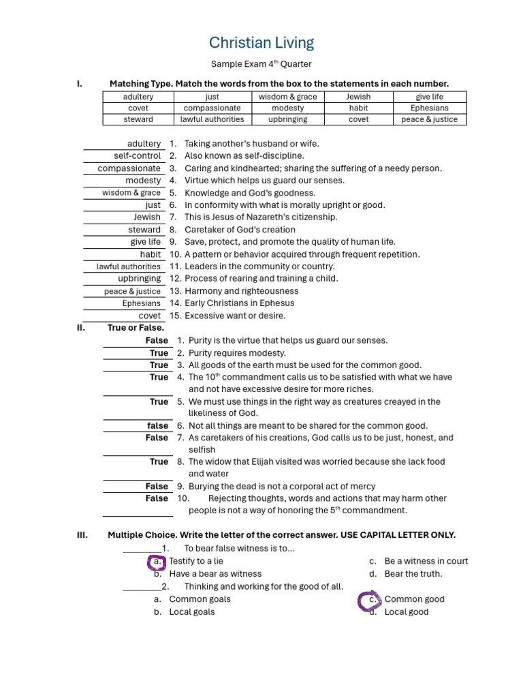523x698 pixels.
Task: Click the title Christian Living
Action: [261, 43]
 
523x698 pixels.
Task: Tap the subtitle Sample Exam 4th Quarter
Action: [261, 64]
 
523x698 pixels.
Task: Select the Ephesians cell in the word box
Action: [429, 108]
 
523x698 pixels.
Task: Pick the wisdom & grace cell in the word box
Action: [287, 97]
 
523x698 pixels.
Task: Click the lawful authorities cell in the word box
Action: [212, 119]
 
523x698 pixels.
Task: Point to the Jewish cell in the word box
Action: [358, 97]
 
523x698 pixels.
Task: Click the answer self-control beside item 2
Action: [138, 156]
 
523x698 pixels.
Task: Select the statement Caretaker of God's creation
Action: [240, 230]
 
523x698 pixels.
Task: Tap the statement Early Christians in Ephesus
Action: [240, 303]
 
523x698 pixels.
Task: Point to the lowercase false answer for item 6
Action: [158, 425]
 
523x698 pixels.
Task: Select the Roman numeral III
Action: [82, 535]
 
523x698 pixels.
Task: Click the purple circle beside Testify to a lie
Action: [157, 562]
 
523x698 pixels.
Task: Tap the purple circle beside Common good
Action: [370, 600]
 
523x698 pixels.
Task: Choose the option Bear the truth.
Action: [413, 574]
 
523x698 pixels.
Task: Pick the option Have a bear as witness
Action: [215, 574]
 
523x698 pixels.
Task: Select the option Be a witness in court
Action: [426, 561]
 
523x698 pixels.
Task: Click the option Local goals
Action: [191, 612]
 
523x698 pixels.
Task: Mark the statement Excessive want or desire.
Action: [235, 316]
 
